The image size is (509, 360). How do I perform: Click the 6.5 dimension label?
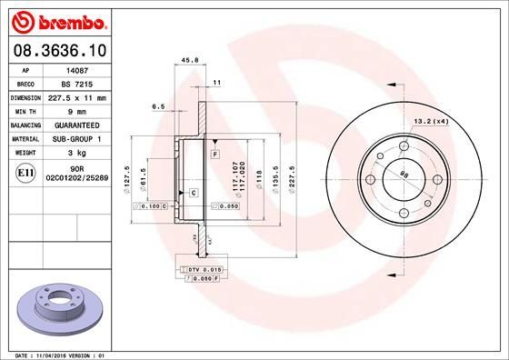(158, 106)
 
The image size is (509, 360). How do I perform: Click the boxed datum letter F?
(215, 155)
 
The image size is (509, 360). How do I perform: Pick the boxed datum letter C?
(194, 193)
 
